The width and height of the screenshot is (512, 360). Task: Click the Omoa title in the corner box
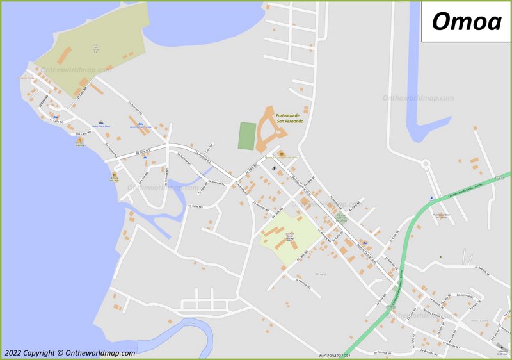(x=466, y=21)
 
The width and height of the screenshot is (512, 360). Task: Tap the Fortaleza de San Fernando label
(x=289, y=119)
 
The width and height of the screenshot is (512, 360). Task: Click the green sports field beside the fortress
(x=246, y=136)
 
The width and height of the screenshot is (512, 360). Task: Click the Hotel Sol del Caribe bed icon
(x=140, y=122)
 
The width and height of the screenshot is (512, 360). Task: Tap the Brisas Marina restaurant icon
(x=80, y=139)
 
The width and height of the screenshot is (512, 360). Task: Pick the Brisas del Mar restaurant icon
(x=115, y=174)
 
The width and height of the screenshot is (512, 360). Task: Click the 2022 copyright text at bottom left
(x=70, y=353)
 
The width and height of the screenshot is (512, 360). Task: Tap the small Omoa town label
(x=321, y=274)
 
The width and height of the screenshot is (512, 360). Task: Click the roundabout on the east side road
(x=426, y=164)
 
